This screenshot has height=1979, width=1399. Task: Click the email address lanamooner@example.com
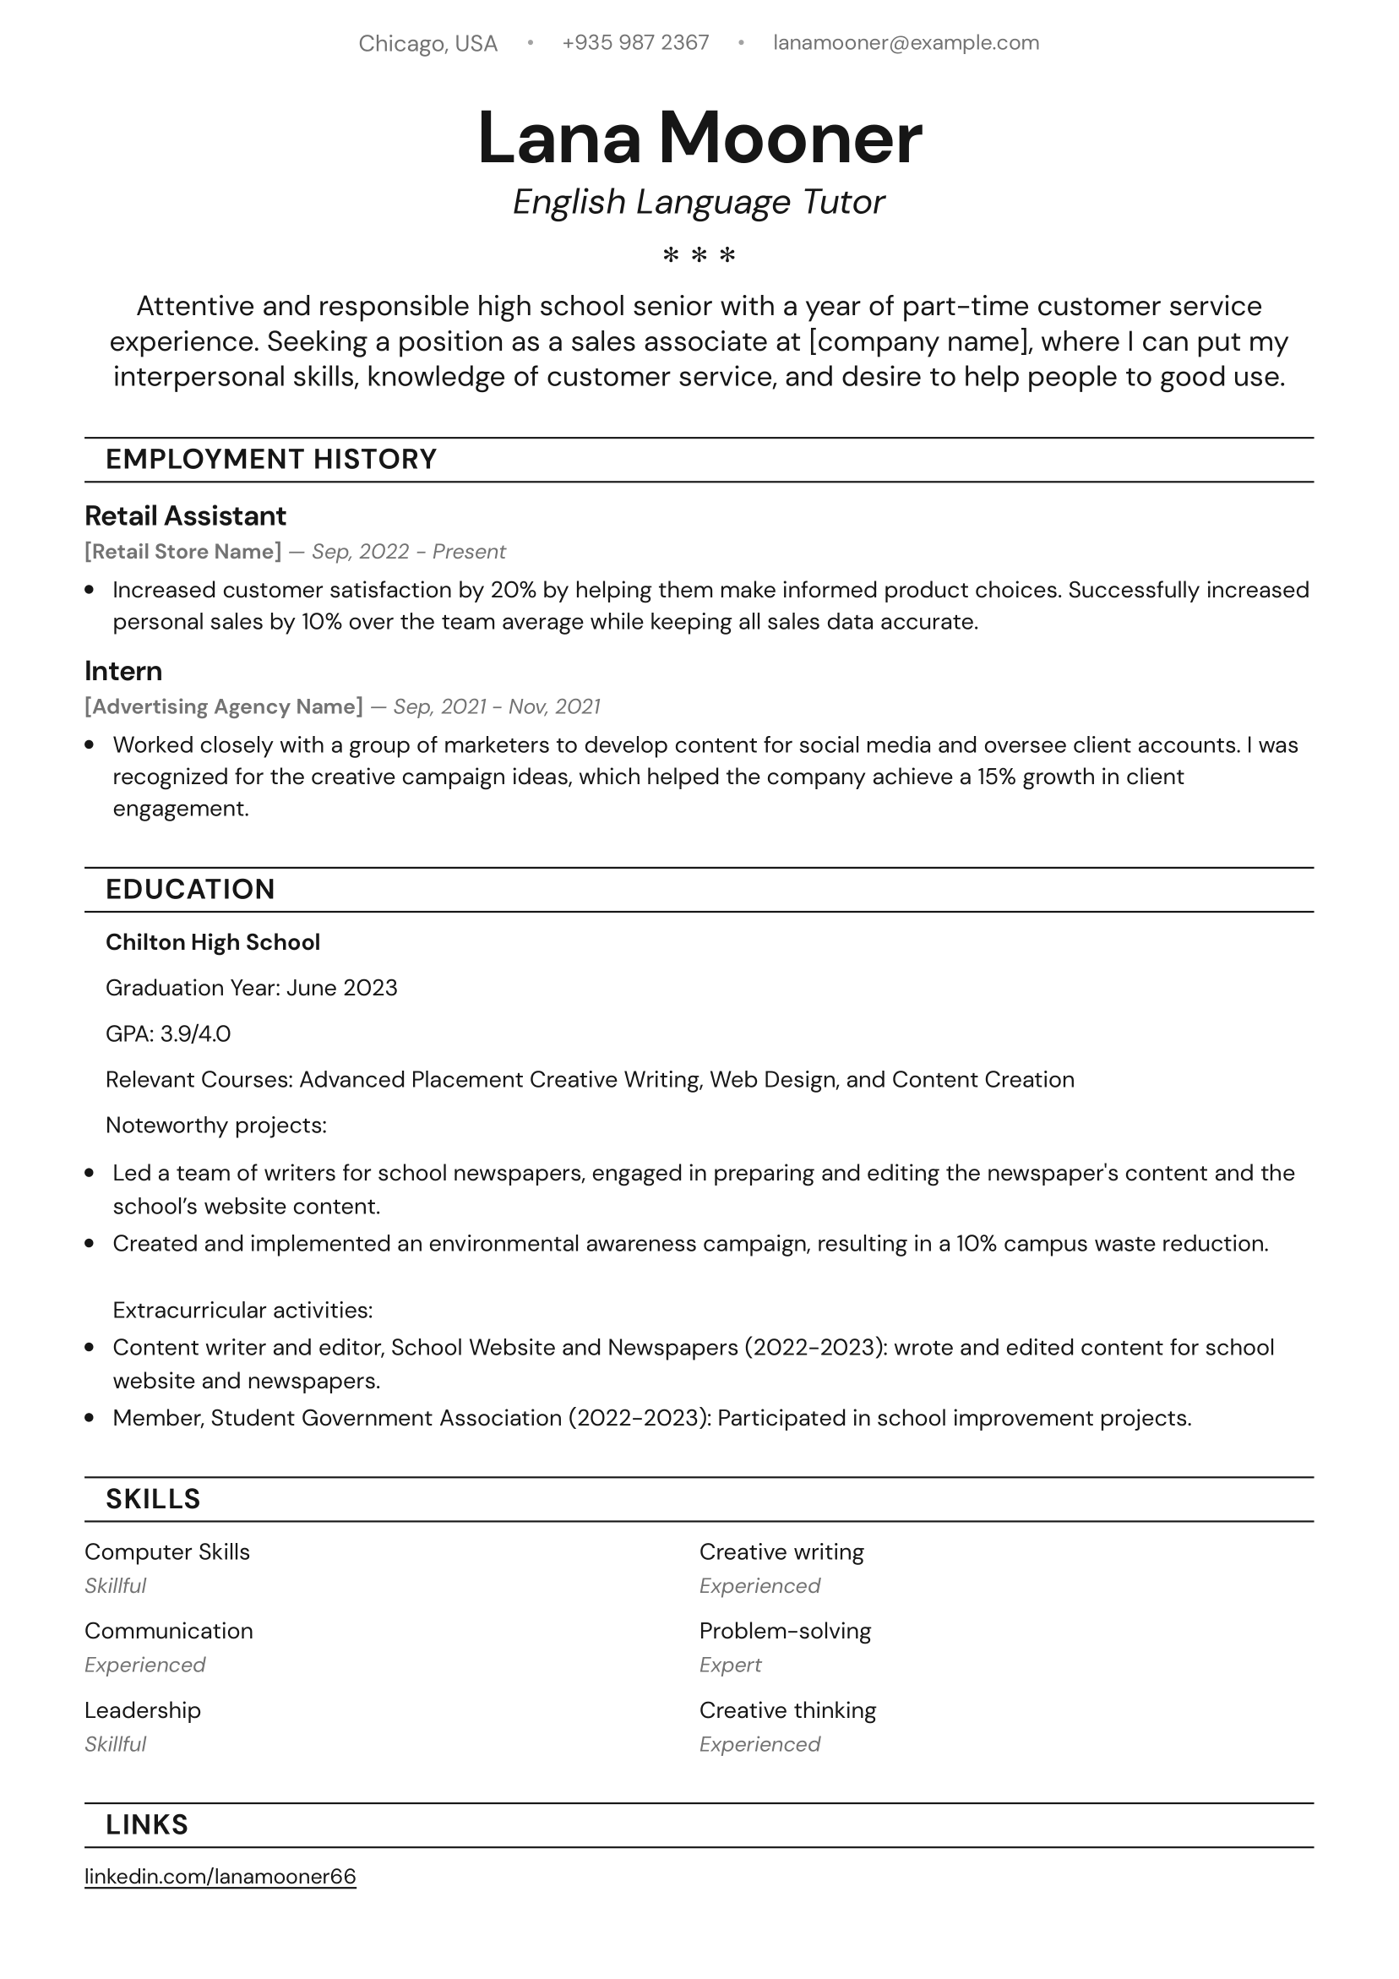pos(905,43)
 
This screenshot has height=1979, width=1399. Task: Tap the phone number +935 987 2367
pos(635,43)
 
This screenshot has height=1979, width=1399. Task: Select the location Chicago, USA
pos(427,44)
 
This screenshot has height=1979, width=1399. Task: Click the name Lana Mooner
pos(699,139)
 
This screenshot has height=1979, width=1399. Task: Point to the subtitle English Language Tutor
pos(698,203)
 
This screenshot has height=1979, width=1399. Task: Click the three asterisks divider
pos(699,255)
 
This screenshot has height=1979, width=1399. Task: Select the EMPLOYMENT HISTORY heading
pos(270,460)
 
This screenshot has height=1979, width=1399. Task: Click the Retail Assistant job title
pos(185,516)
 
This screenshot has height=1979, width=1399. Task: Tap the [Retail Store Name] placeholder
pos(182,552)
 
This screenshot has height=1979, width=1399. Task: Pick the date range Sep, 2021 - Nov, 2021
pos(497,706)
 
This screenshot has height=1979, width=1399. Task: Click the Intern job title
pos(123,672)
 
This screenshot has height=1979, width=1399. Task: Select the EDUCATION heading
pos(189,890)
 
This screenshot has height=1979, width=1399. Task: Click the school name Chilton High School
pos(212,942)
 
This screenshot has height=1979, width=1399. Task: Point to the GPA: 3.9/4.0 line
pos(168,1033)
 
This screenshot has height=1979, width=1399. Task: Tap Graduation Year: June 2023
pos(251,988)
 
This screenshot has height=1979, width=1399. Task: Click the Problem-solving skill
pos(785,1631)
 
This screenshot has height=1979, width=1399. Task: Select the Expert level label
pos(730,1665)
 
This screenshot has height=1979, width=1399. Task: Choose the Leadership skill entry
pos(142,1710)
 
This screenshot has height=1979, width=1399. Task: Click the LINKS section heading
pos(146,1824)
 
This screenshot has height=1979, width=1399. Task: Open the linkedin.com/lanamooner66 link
pos(220,1877)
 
